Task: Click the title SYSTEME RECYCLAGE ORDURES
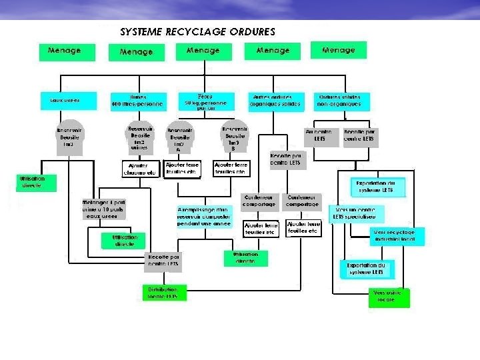coord(197,31)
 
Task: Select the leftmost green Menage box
coord(64,51)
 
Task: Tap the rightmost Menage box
coord(339,51)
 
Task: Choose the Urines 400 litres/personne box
coord(139,101)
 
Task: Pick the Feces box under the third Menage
coord(205,101)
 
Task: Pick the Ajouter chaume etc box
coord(139,169)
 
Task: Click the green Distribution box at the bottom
coord(163,293)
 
